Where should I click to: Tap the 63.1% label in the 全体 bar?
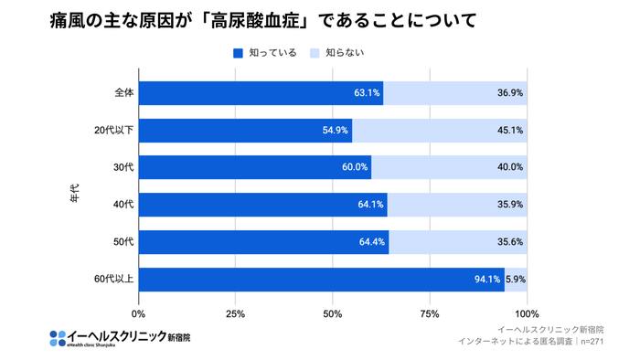(367, 92)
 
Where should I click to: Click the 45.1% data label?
(509, 130)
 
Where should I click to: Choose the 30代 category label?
(123, 167)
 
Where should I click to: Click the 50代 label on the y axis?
(123, 242)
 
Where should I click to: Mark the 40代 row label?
(123, 205)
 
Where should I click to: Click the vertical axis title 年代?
(76, 193)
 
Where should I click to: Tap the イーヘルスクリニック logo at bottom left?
(120, 337)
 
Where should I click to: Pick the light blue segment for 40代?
(457, 205)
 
